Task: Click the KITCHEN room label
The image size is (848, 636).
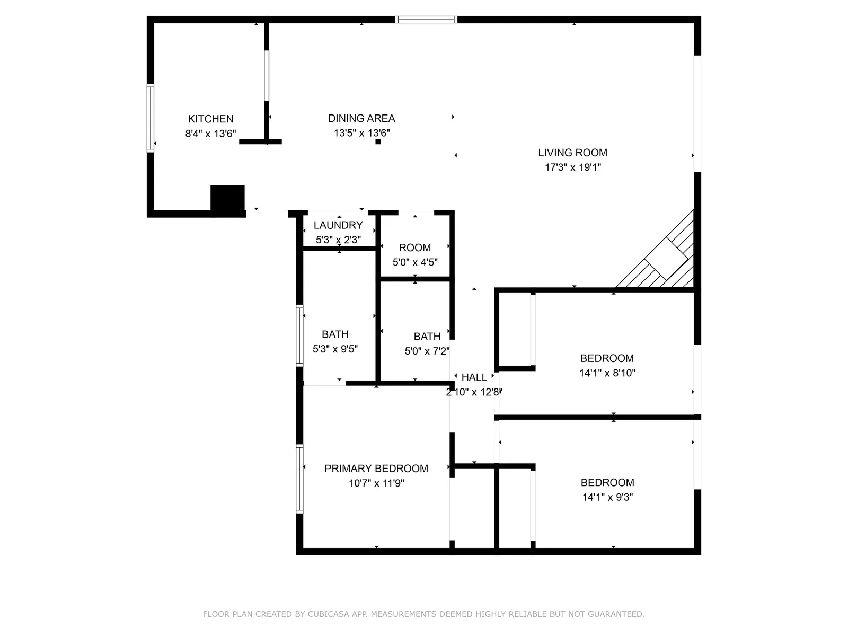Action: click(x=210, y=119)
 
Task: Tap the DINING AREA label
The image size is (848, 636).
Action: click(x=361, y=119)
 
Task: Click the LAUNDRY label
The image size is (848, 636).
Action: click(x=338, y=225)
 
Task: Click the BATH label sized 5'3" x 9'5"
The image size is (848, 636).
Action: click(x=335, y=334)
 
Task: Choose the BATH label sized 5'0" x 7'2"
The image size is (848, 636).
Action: click(x=427, y=337)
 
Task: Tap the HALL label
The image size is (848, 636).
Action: click(x=474, y=377)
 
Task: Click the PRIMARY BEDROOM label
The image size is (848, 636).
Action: click(x=376, y=469)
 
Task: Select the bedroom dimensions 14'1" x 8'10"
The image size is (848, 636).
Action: click(x=607, y=373)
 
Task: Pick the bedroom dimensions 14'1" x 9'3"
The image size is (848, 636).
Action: click(x=607, y=498)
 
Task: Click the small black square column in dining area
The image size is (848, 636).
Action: click(x=378, y=142)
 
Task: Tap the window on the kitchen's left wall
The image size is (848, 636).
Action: click(x=151, y=118)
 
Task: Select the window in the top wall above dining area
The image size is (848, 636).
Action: click(x=426, y=20)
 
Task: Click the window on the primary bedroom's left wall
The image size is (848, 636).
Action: click(x=299, y=479)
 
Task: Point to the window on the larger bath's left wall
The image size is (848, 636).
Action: click(x=299, y=335)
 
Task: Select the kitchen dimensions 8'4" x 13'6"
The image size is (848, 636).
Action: click(x=210, y=134)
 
